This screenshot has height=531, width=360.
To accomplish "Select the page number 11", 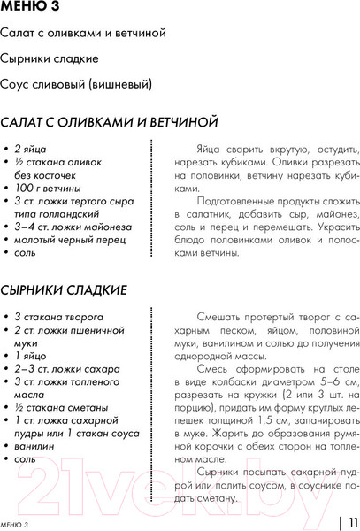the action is click(349, 522).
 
